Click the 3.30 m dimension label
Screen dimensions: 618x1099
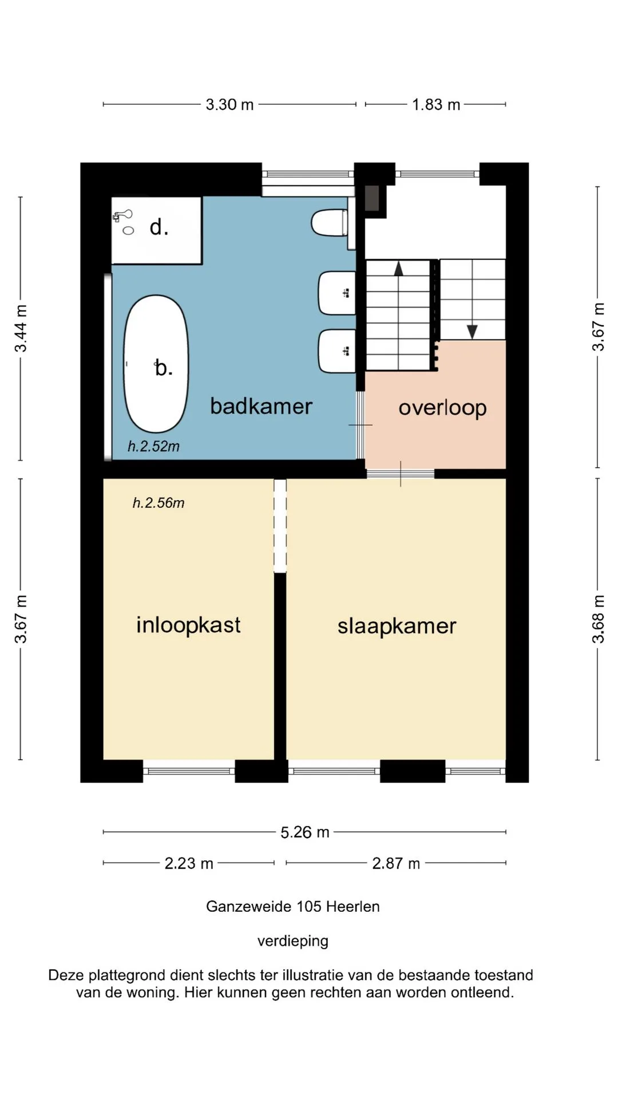[x=229, y=105]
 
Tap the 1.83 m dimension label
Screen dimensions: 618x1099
[x=436, y=105]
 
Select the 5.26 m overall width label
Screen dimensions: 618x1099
[x=305, y=832]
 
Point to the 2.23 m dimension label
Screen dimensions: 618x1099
[x=189, y=863]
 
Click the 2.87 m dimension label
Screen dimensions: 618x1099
[x=396, y=863]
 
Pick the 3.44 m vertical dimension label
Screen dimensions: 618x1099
[x=21, y=329]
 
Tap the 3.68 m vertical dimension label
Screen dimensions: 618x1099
[x=598, y=619]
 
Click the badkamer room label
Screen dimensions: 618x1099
[x=261, y=406]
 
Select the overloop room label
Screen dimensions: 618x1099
[x=442, y=409]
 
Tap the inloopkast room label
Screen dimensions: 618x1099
[x=188, y=626]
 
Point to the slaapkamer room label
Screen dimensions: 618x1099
[x=397, y=627]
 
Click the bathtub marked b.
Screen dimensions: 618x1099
[x=156, y=364]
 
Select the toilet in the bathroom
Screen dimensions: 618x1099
[x=330, y=223]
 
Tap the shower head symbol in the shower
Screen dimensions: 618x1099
[x=122, y=216]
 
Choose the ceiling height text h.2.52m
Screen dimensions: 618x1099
[x=153, y=446]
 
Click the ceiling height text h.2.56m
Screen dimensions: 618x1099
[x=159, y=503]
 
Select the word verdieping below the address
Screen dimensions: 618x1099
[x=293, y=942]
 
